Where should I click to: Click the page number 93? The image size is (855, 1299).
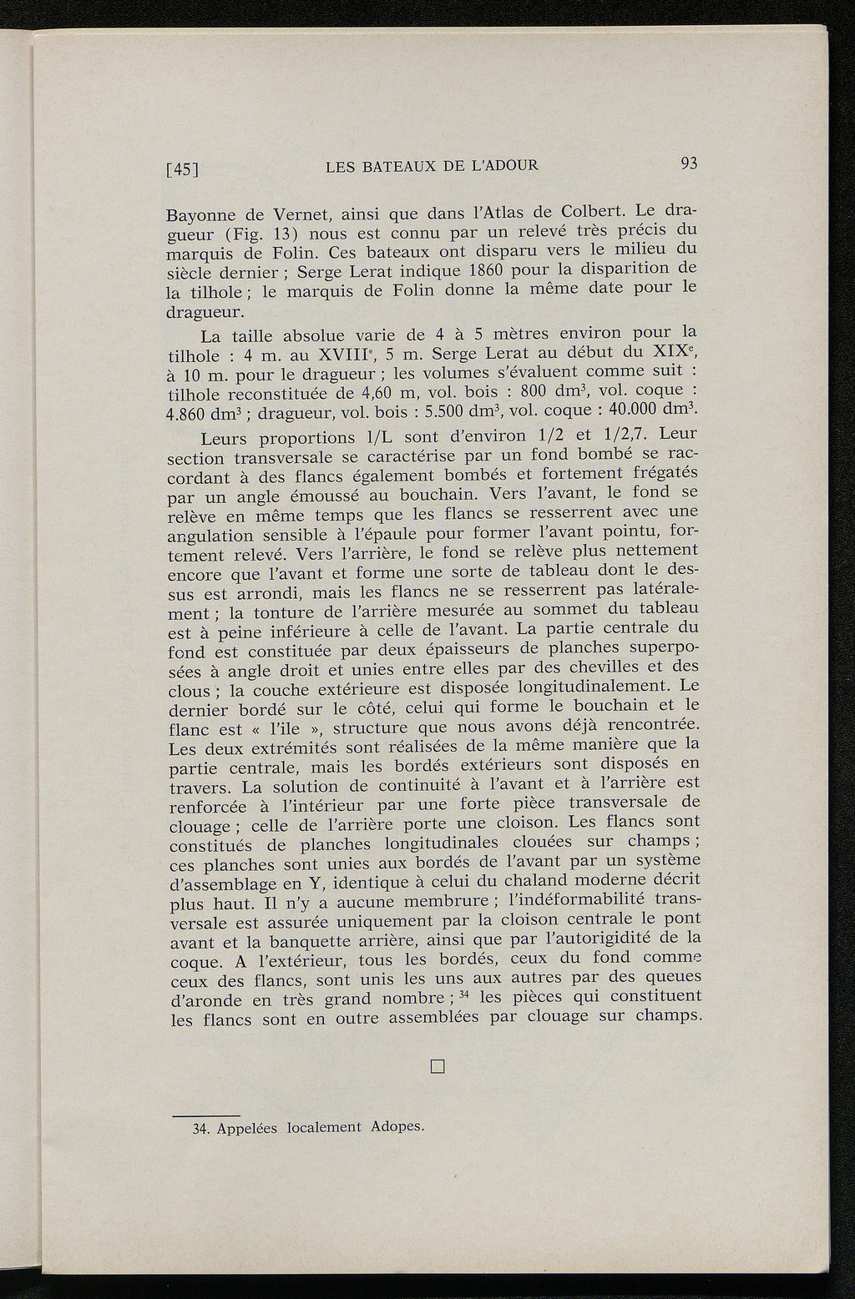689,163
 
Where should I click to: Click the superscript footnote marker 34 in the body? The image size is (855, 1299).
468,994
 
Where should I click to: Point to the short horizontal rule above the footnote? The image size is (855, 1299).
205,1115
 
